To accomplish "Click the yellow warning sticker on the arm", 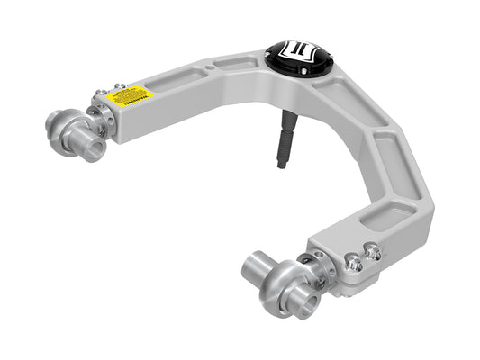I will [130, 94].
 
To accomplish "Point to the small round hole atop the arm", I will [211, 66].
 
